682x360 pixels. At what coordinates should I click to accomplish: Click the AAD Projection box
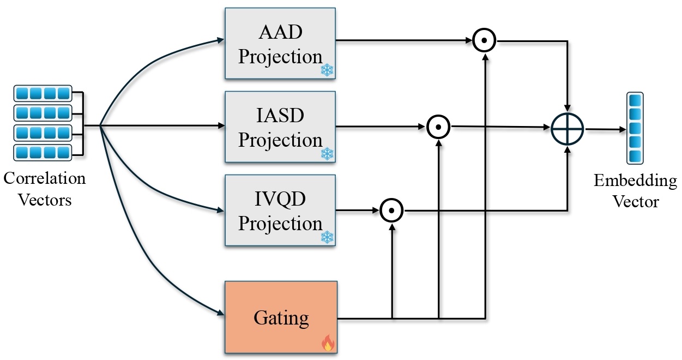click(280, 44)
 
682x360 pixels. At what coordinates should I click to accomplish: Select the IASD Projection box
click(280, 127)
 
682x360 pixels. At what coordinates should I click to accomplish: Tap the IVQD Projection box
click(280, 210)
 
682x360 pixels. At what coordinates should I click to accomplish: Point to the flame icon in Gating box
click(328, 343)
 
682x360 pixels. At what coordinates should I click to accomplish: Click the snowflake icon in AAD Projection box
click(327, 70)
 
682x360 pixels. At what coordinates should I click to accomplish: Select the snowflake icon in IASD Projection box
click(327, 154)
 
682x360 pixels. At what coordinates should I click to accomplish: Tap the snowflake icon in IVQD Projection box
click(327, 237)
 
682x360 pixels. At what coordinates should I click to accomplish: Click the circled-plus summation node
click(567, 129)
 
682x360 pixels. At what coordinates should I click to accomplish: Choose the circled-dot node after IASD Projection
click(438, 127)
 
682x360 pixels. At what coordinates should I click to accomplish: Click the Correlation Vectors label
click(45, 189)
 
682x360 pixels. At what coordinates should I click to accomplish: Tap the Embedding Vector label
click(635, 191)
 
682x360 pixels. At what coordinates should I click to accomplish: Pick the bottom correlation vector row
click(42, 152)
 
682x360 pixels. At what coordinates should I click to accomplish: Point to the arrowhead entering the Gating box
click(221, 313)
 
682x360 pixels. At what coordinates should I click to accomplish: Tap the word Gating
click(280, 317)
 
